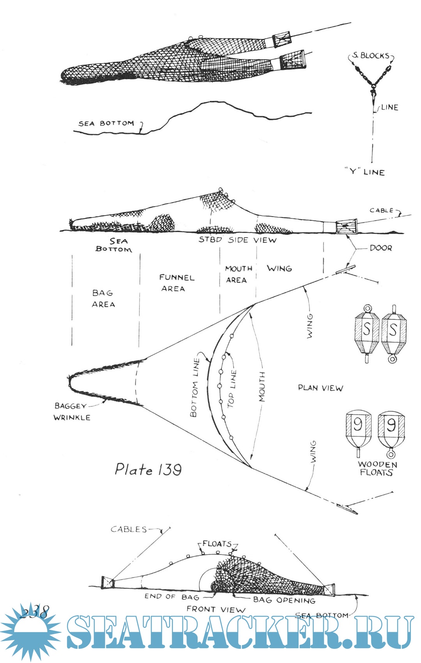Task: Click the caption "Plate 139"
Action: [148, 469]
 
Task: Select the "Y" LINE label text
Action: [364, 172]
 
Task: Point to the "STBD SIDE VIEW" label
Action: [237, 240]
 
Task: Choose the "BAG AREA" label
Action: [103, 299]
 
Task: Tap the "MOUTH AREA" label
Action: [238, 274]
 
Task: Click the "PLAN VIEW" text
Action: [320, 388]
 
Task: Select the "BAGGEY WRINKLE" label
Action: [72, 412]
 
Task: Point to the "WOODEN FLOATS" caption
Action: [377, 468]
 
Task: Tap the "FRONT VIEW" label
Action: [216, 609]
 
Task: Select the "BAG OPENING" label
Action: [284, 600]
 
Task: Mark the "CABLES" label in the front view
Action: [129, 529]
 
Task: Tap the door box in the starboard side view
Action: [346, 227]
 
